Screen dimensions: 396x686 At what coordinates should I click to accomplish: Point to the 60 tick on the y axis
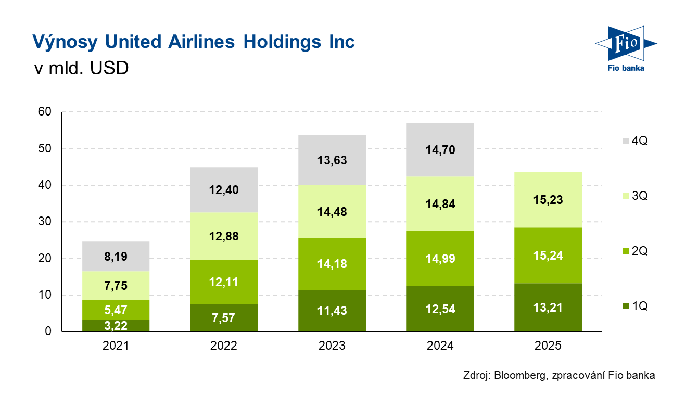coord(45,112)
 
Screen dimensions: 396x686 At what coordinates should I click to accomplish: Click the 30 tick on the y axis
coord(45,222)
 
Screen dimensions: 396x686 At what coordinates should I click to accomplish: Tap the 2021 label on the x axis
coord(116,346)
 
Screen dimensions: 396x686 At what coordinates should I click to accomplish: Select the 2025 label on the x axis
coord(548,346)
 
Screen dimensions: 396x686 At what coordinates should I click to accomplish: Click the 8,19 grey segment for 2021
coord(116,257)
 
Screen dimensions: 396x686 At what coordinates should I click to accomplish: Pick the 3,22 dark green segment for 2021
coord(116,326)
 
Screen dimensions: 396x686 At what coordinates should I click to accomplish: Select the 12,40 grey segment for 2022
coord(224,190)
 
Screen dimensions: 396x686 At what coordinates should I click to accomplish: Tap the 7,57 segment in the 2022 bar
coord(224,318)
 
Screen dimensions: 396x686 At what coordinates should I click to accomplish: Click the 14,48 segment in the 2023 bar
coord(332,212)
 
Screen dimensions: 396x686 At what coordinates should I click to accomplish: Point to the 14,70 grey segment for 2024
coord(440,150)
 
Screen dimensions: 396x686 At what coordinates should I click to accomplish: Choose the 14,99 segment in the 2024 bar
coord(440,259)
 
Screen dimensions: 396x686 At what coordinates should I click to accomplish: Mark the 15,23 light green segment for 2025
coord(548,200)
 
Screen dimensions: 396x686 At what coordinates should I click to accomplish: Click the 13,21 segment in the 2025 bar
coord(548,308)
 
